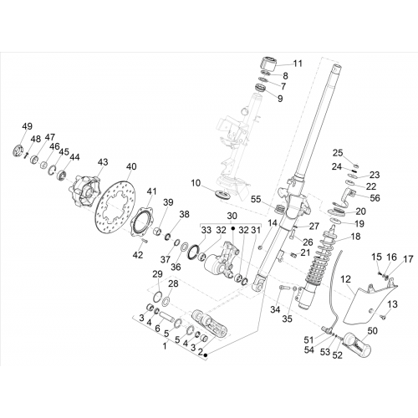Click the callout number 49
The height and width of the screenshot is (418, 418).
pos(28,126)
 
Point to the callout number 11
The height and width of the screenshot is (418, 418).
pos(298,64)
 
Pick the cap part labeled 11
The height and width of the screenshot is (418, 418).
pos(268,65)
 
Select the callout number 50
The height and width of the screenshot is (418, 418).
pos(372,331)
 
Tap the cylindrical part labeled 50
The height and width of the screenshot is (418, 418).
pos(358,344)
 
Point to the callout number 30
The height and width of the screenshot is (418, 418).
pos(232,216)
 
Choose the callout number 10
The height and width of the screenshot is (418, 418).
pos(196,183)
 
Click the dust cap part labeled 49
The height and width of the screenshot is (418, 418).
pos(19,150)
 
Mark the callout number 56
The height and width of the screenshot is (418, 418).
pos(375,198)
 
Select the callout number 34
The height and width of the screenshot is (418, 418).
pos(275,309)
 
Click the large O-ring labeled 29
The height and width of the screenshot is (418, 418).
pos(158,295)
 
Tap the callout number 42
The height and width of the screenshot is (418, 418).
pos(138,255)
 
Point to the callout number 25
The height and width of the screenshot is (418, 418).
pos(338,153)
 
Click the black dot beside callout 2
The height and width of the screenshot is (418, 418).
pos(206,354)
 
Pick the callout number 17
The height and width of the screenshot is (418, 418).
pos(408,259)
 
